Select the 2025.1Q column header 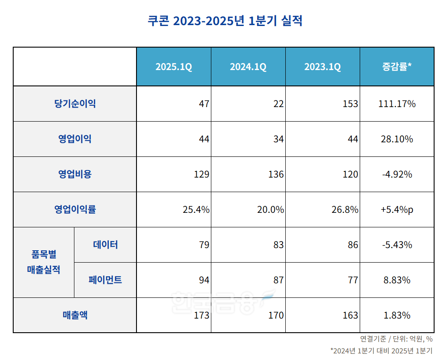(x=173, y=67)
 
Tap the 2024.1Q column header (x=248, y=67)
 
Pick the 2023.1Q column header (x=322, y=67)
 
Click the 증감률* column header (x=397, y=67)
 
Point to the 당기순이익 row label (x=75, y=104)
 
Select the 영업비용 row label (x=75, y=174)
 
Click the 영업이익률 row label (x=75, y=209)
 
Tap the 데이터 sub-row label (x=105, y=245)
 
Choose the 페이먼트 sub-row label (x=105, y=280)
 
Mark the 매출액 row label (x=75, y=315)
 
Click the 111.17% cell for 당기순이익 (x=397, y=104)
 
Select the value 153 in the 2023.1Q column (x=350, y=104)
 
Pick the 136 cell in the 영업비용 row (x=276, y=174)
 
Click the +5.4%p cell (x=397, y=209)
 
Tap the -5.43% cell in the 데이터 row (x=397, y=245)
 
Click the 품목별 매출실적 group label (x=44, y=262)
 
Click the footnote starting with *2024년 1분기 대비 (x=381, y=351)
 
